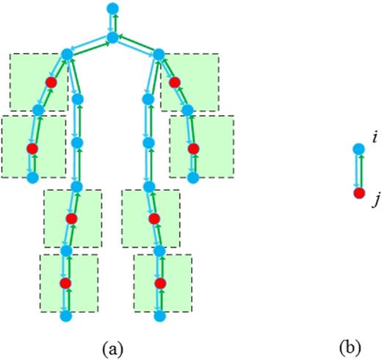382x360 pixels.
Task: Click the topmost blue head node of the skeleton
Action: [112, 8]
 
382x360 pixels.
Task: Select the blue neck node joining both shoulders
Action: [112, 37]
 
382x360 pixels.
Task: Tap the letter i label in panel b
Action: [375, 137]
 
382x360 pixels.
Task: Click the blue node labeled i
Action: [358, 149]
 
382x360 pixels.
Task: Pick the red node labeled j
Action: [358, 193]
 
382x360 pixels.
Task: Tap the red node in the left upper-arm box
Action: [51, 82]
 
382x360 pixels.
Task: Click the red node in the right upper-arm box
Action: [174, 82]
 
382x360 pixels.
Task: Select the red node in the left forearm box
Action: [32, 148]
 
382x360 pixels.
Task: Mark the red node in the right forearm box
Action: [193, 148]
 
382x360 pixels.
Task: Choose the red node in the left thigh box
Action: [71, 218]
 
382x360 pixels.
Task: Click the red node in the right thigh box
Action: [154, 218]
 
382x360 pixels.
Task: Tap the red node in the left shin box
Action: [65, 283]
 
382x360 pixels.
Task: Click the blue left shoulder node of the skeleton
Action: [67, 54]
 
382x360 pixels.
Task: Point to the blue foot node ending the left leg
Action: [65, 317]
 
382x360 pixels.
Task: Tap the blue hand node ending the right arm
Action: [194, 177]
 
